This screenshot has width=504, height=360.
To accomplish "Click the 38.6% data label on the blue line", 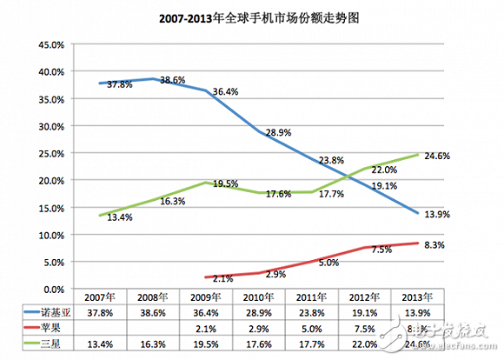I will pos(174,79).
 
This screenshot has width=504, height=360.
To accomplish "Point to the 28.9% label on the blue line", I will pos(278,130).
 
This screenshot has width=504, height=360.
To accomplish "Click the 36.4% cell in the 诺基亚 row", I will pos(218,311).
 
